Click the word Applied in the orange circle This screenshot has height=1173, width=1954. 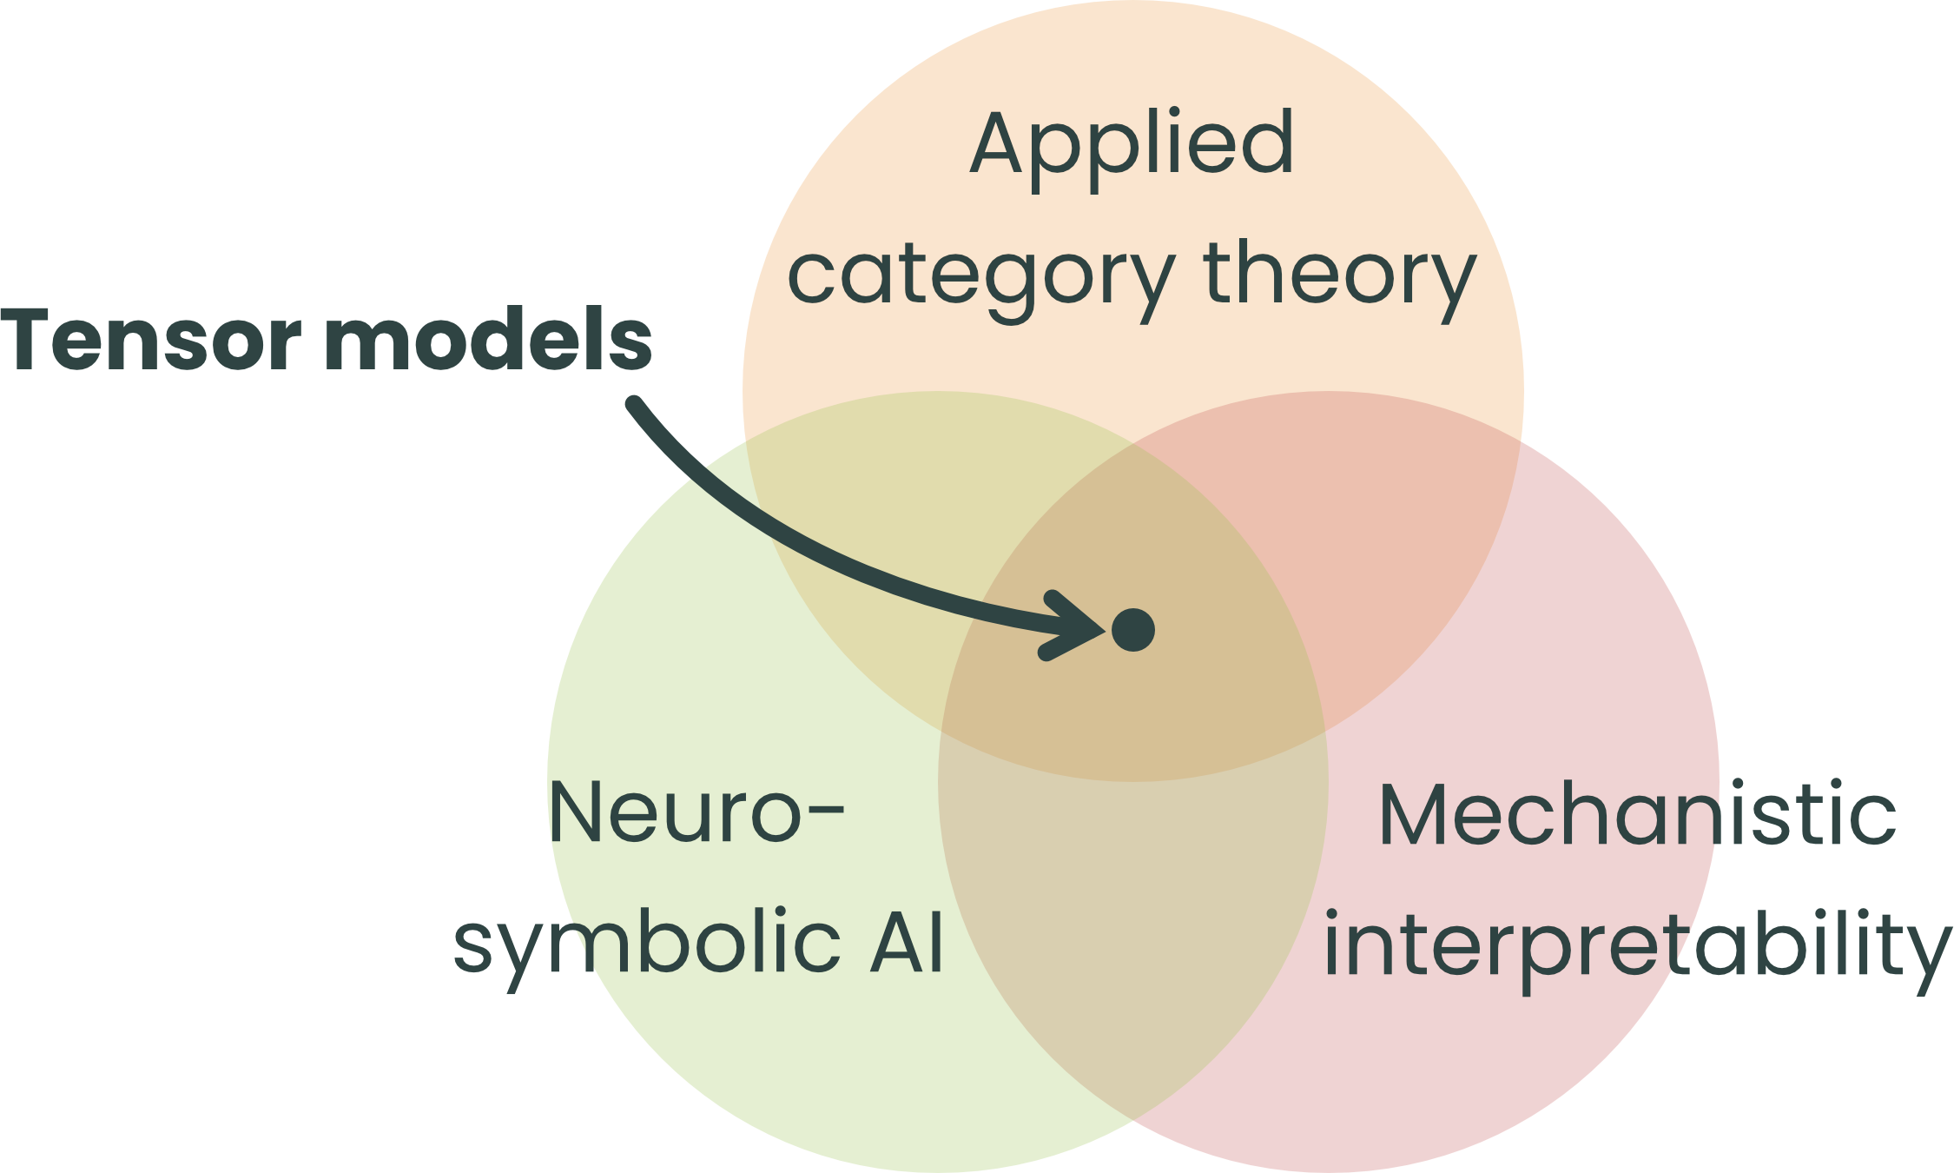click(x=1132, y=146)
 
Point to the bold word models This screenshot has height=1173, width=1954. click(x=488, y=340)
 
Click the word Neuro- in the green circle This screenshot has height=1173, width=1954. click(x=695, y=812)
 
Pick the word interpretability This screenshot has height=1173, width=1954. click(x=1637, y=947)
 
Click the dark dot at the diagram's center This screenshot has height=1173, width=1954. click(x=1133, y=630)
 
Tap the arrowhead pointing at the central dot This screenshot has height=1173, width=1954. click(x=1077, y=626)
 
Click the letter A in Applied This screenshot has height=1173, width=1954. click(x=999, y=143)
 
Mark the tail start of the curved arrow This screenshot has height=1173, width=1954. click(x=635, y=404)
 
